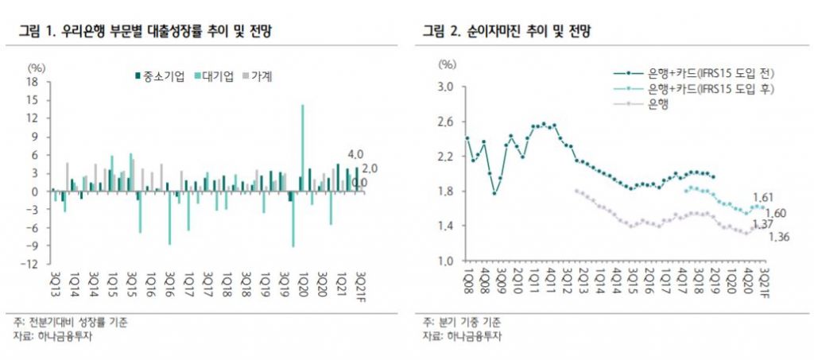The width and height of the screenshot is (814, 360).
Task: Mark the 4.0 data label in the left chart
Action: click(355, 153)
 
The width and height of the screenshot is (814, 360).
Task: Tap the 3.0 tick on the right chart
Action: click(445, 87)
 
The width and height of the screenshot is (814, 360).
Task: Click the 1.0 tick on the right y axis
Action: click(445, 261)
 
